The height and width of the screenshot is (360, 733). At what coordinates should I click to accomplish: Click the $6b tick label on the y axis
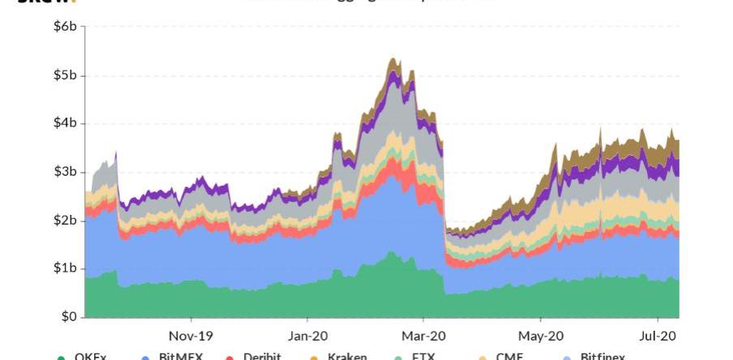coord(65,28)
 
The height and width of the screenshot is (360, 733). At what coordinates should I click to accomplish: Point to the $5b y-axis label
coord(65,76)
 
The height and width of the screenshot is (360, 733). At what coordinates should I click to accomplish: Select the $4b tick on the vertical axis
coord(65,124)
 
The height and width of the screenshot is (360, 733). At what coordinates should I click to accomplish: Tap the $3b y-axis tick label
coord(65,172)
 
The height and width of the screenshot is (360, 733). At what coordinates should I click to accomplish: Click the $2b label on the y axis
coord(65,221)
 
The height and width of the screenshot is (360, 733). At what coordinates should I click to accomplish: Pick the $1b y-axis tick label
coord(65,268)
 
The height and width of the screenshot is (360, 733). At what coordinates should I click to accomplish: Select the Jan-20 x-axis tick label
coord(308,336)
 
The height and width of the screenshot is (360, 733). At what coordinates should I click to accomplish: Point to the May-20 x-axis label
coord(542,336)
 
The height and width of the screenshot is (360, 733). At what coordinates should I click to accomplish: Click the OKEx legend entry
coord(90,356)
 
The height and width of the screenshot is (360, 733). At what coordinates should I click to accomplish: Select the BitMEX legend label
coord(181,356)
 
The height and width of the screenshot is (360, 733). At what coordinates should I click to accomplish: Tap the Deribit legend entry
coord(262,356)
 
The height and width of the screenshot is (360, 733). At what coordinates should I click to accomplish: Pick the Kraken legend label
coord(347,356)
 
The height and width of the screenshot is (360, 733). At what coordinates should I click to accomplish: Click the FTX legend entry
coord(424,356)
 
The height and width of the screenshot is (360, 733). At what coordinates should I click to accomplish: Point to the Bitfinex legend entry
coord(602,356)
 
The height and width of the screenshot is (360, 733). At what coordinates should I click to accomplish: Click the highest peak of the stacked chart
coord(392,58)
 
